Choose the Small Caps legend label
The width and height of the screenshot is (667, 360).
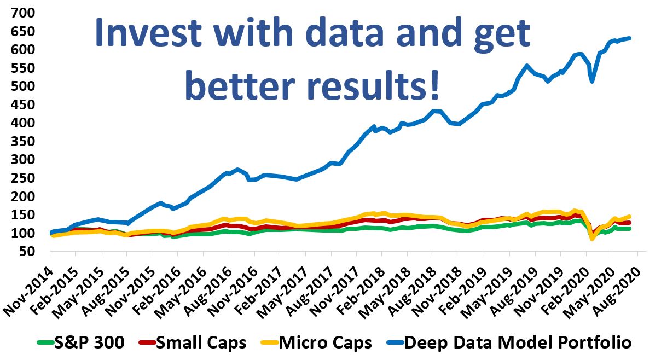[x=201, y=343]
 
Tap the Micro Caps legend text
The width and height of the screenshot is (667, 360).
[x=325, y=343]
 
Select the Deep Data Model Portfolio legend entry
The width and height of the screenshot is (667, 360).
[x=518, y=343]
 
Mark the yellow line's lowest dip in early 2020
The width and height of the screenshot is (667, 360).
[x=591, y=239]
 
